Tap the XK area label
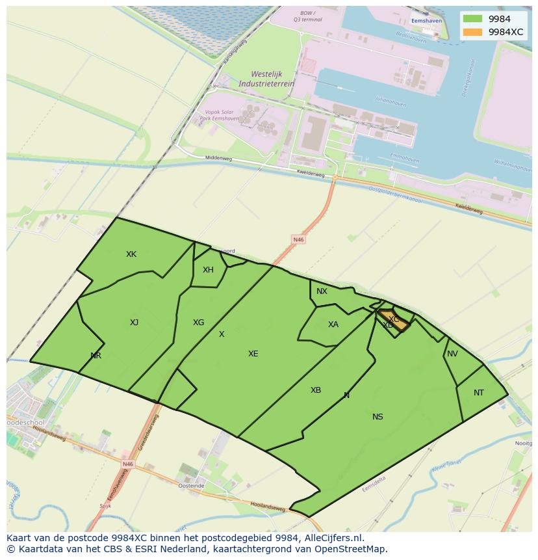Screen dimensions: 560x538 (x=131, y=254)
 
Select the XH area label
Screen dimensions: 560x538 (x=208, y=270)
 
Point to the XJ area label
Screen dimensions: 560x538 (x=134, y=323)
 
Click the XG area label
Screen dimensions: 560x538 (x=199, y=323)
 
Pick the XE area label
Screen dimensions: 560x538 (x=253, y=354)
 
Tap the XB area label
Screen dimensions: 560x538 (x=316, y=390)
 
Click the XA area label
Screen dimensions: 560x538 (x=333, y=325)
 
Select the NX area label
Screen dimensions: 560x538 (x=322, y=291)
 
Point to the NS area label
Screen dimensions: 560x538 (x=378, y=417)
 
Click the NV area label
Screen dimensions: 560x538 (x=453, y=354)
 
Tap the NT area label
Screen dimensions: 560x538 (x=479, y=393)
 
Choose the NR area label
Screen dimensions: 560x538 (x=96, y=356)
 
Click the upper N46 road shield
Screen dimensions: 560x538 (x=298, y=240)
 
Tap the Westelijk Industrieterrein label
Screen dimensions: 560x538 (x=266, y=79)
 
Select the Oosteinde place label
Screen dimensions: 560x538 (x=192, y=486)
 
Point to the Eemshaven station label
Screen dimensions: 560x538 (x=426, y=21)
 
